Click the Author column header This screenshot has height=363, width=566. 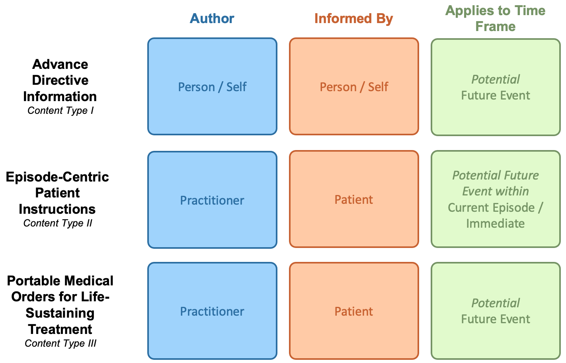point(212,18)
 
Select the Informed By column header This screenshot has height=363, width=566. point(353,18)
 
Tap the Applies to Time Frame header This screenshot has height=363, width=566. point(495,18)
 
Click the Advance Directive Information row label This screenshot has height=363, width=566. point(60,80)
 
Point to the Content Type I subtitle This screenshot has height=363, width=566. point(61,111)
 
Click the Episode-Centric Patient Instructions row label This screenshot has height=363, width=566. point(57,193)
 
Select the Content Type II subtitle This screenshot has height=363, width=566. point(58,223)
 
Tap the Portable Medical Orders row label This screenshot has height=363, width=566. point(60,305)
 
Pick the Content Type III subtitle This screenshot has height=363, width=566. point(61,343)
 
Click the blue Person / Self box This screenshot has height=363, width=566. point(212,87)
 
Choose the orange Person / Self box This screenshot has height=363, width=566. point(354,87)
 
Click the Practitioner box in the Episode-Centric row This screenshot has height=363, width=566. point(212,200)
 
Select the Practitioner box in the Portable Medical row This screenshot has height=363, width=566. point(212,311)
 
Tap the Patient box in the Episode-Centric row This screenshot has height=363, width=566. point(354,200)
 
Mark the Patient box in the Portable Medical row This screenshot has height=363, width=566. point(354,311)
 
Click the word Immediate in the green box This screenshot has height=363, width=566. point(495,224)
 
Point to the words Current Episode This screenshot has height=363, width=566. point(491,208)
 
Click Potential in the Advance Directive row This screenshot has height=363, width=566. point(496,80)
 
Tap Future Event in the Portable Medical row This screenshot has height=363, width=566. point(496,319)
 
